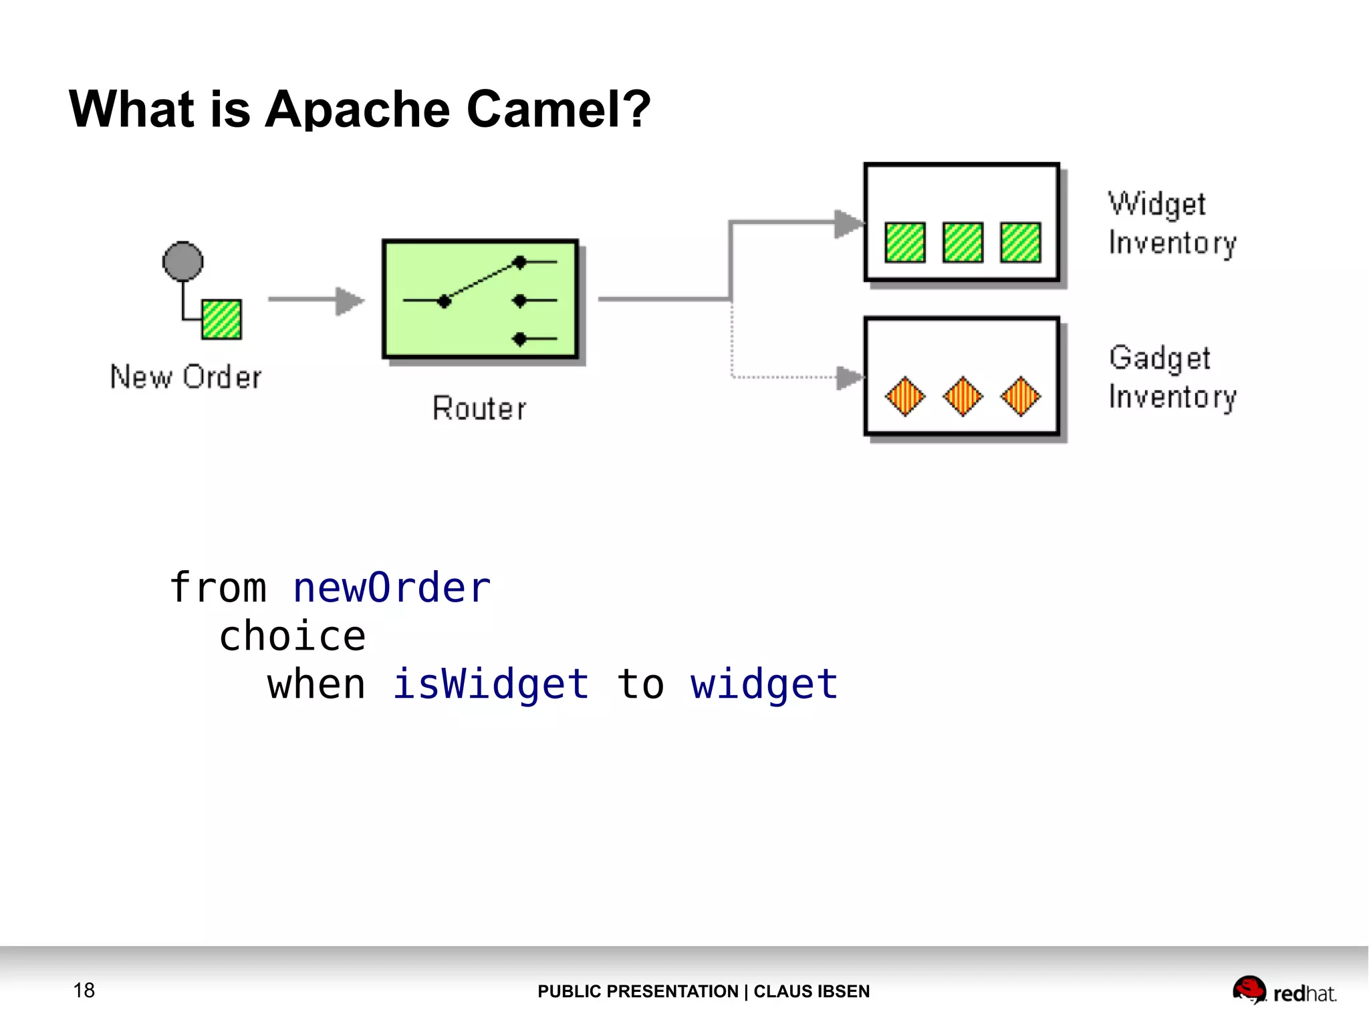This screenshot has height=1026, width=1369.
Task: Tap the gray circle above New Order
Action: click(182, 261)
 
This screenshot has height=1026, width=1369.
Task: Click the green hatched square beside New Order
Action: click(221, 319)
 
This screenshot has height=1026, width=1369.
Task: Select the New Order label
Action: click(186, 377)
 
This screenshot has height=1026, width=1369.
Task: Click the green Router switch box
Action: click(480, 299)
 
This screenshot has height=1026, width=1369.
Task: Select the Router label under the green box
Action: click(479, 408)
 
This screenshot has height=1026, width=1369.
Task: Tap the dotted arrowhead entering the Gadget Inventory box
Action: click(850, 378)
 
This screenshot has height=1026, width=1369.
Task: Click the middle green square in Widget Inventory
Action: click(963, 242)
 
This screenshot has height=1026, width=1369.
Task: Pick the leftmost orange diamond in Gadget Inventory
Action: click(905, 396)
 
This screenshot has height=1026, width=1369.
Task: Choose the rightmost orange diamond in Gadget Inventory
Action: click(1021, 396)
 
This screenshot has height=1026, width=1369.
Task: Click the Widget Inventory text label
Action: click(1172, 223)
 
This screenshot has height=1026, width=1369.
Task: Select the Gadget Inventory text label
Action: click(1172, 377)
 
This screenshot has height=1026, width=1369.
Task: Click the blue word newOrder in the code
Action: click(392, 588)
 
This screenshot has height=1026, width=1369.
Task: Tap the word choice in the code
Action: click(293, 636)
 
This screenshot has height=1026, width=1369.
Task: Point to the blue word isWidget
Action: click(491, 684)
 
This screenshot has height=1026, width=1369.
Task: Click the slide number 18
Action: click(84, 990)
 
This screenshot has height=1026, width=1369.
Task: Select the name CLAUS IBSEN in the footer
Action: click(812, 991)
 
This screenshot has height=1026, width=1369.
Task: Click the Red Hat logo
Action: click(1284, 991)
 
